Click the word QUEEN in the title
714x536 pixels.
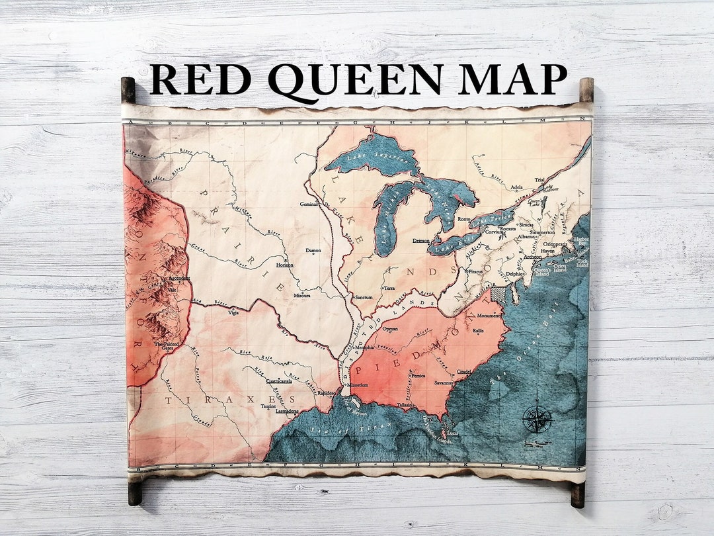(356, 81)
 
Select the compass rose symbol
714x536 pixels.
(536, 419)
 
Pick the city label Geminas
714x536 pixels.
(309, 205)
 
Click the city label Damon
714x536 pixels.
(313, 251)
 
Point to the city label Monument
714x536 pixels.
(489, 316)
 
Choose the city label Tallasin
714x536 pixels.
(405, 405)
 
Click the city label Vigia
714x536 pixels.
(233, 312)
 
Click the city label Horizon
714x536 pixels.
(284, 265)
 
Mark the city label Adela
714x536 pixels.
(517, 187)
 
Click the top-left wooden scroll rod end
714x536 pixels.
(128, 89)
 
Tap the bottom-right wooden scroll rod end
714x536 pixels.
(578, 494)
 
